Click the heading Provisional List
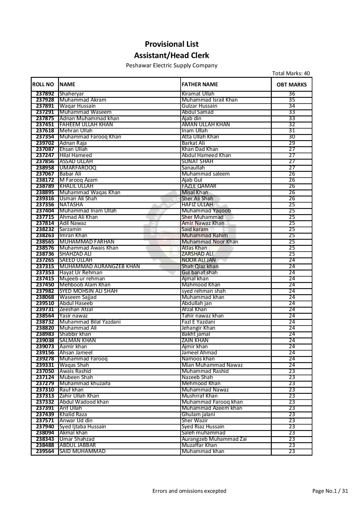[172, 44]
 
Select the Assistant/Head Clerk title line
[172, 55]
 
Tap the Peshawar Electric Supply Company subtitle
[172, 66]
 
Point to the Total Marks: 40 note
[291, 73]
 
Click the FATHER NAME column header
[200, 84]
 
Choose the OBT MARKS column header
[291, 85]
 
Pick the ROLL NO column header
[43, 84]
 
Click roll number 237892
[45, 94]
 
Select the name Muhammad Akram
[83, 100]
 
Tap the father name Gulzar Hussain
[199, 106]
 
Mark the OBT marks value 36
[292, 94]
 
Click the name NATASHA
[71, 205]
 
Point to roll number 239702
[45, 143]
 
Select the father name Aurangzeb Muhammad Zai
[214, 439]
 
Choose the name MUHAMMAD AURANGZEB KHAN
[100, 266]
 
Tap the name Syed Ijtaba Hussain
[83, 427]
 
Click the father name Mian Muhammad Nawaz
[212, 365]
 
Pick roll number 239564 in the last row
[45, 451]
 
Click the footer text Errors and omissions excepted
[189, 491]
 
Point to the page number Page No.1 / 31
[330, 491]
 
